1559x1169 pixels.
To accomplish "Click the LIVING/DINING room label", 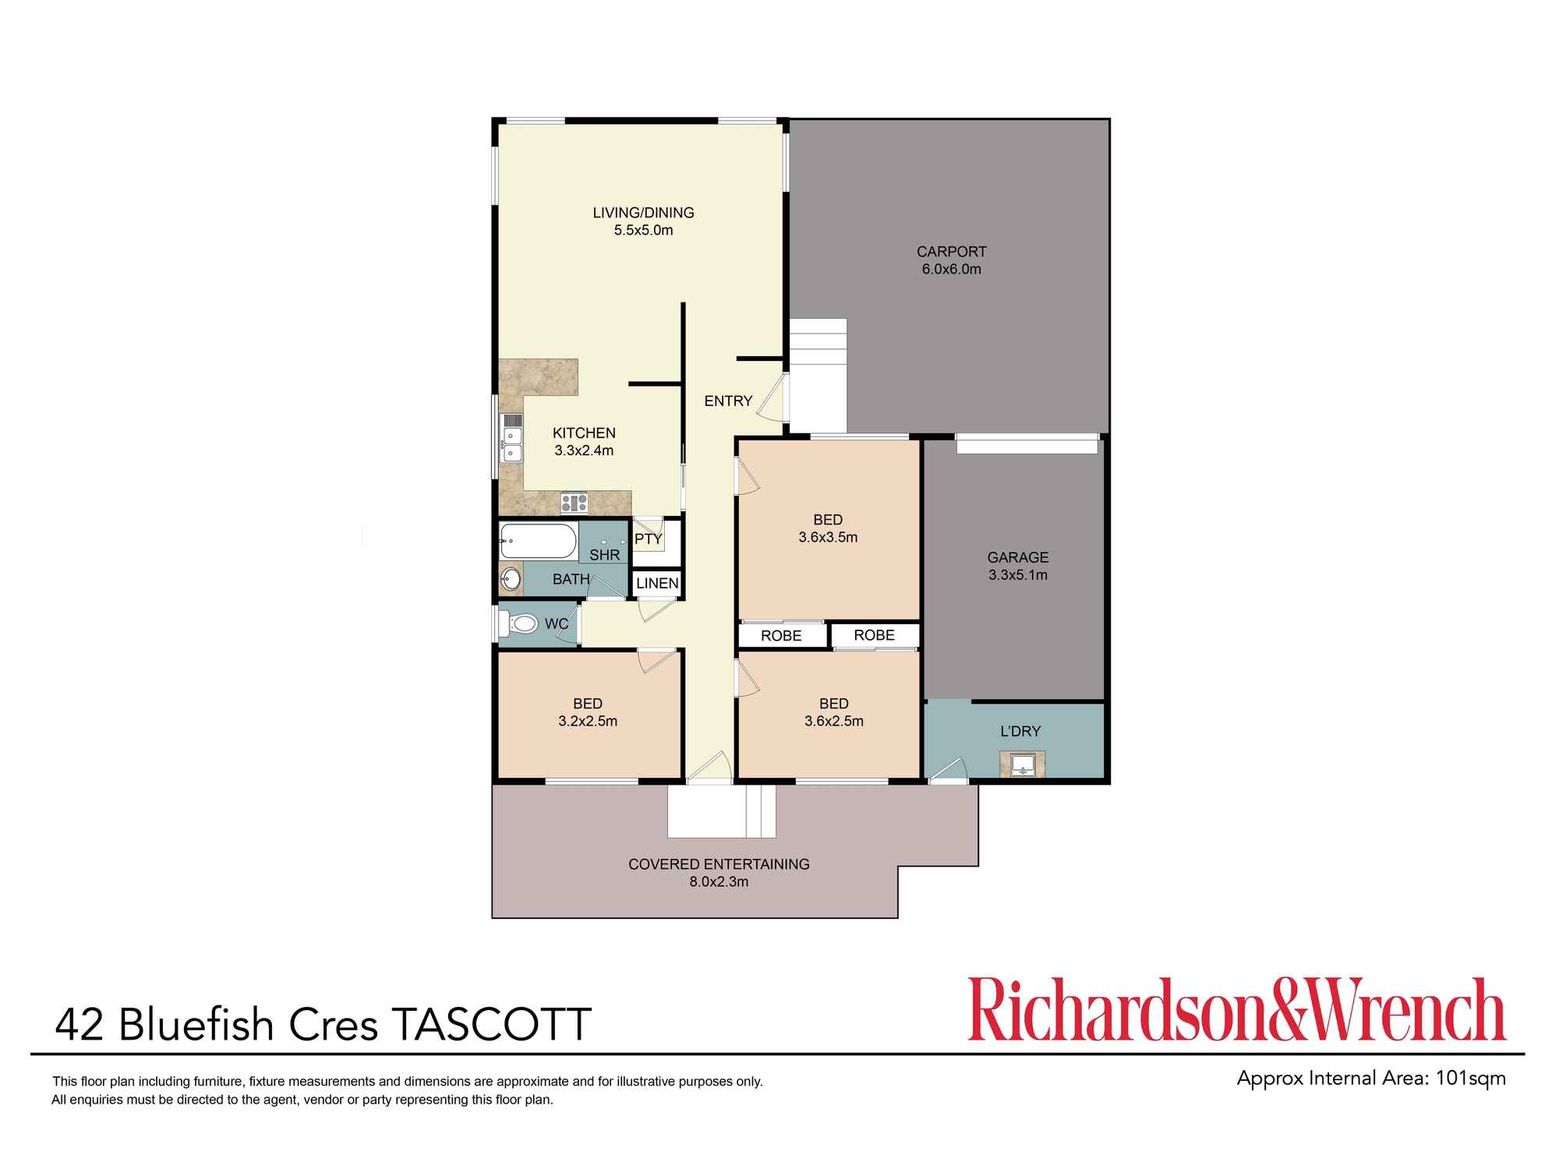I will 643,213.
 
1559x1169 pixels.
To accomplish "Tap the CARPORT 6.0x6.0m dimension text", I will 951,270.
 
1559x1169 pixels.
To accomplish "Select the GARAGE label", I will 1017,557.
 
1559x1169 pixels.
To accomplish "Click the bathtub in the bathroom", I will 538,540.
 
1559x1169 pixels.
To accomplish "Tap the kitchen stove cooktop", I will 574,503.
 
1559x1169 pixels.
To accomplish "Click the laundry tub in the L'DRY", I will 1022,765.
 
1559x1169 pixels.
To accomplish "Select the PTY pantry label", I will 648,539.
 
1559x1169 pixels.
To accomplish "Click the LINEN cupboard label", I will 657,583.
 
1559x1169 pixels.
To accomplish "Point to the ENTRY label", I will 728,401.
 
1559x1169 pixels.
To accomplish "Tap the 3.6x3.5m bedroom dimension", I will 828,537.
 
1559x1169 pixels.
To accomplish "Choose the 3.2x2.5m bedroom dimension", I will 588,722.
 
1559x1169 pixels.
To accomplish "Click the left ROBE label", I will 781,636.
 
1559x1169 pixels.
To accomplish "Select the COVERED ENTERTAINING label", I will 719,864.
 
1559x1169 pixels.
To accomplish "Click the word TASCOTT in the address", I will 491,1024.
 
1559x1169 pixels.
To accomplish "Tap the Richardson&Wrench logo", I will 1236,1010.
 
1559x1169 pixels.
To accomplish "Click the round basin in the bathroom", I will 511,579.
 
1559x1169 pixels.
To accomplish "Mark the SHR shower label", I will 604,555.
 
